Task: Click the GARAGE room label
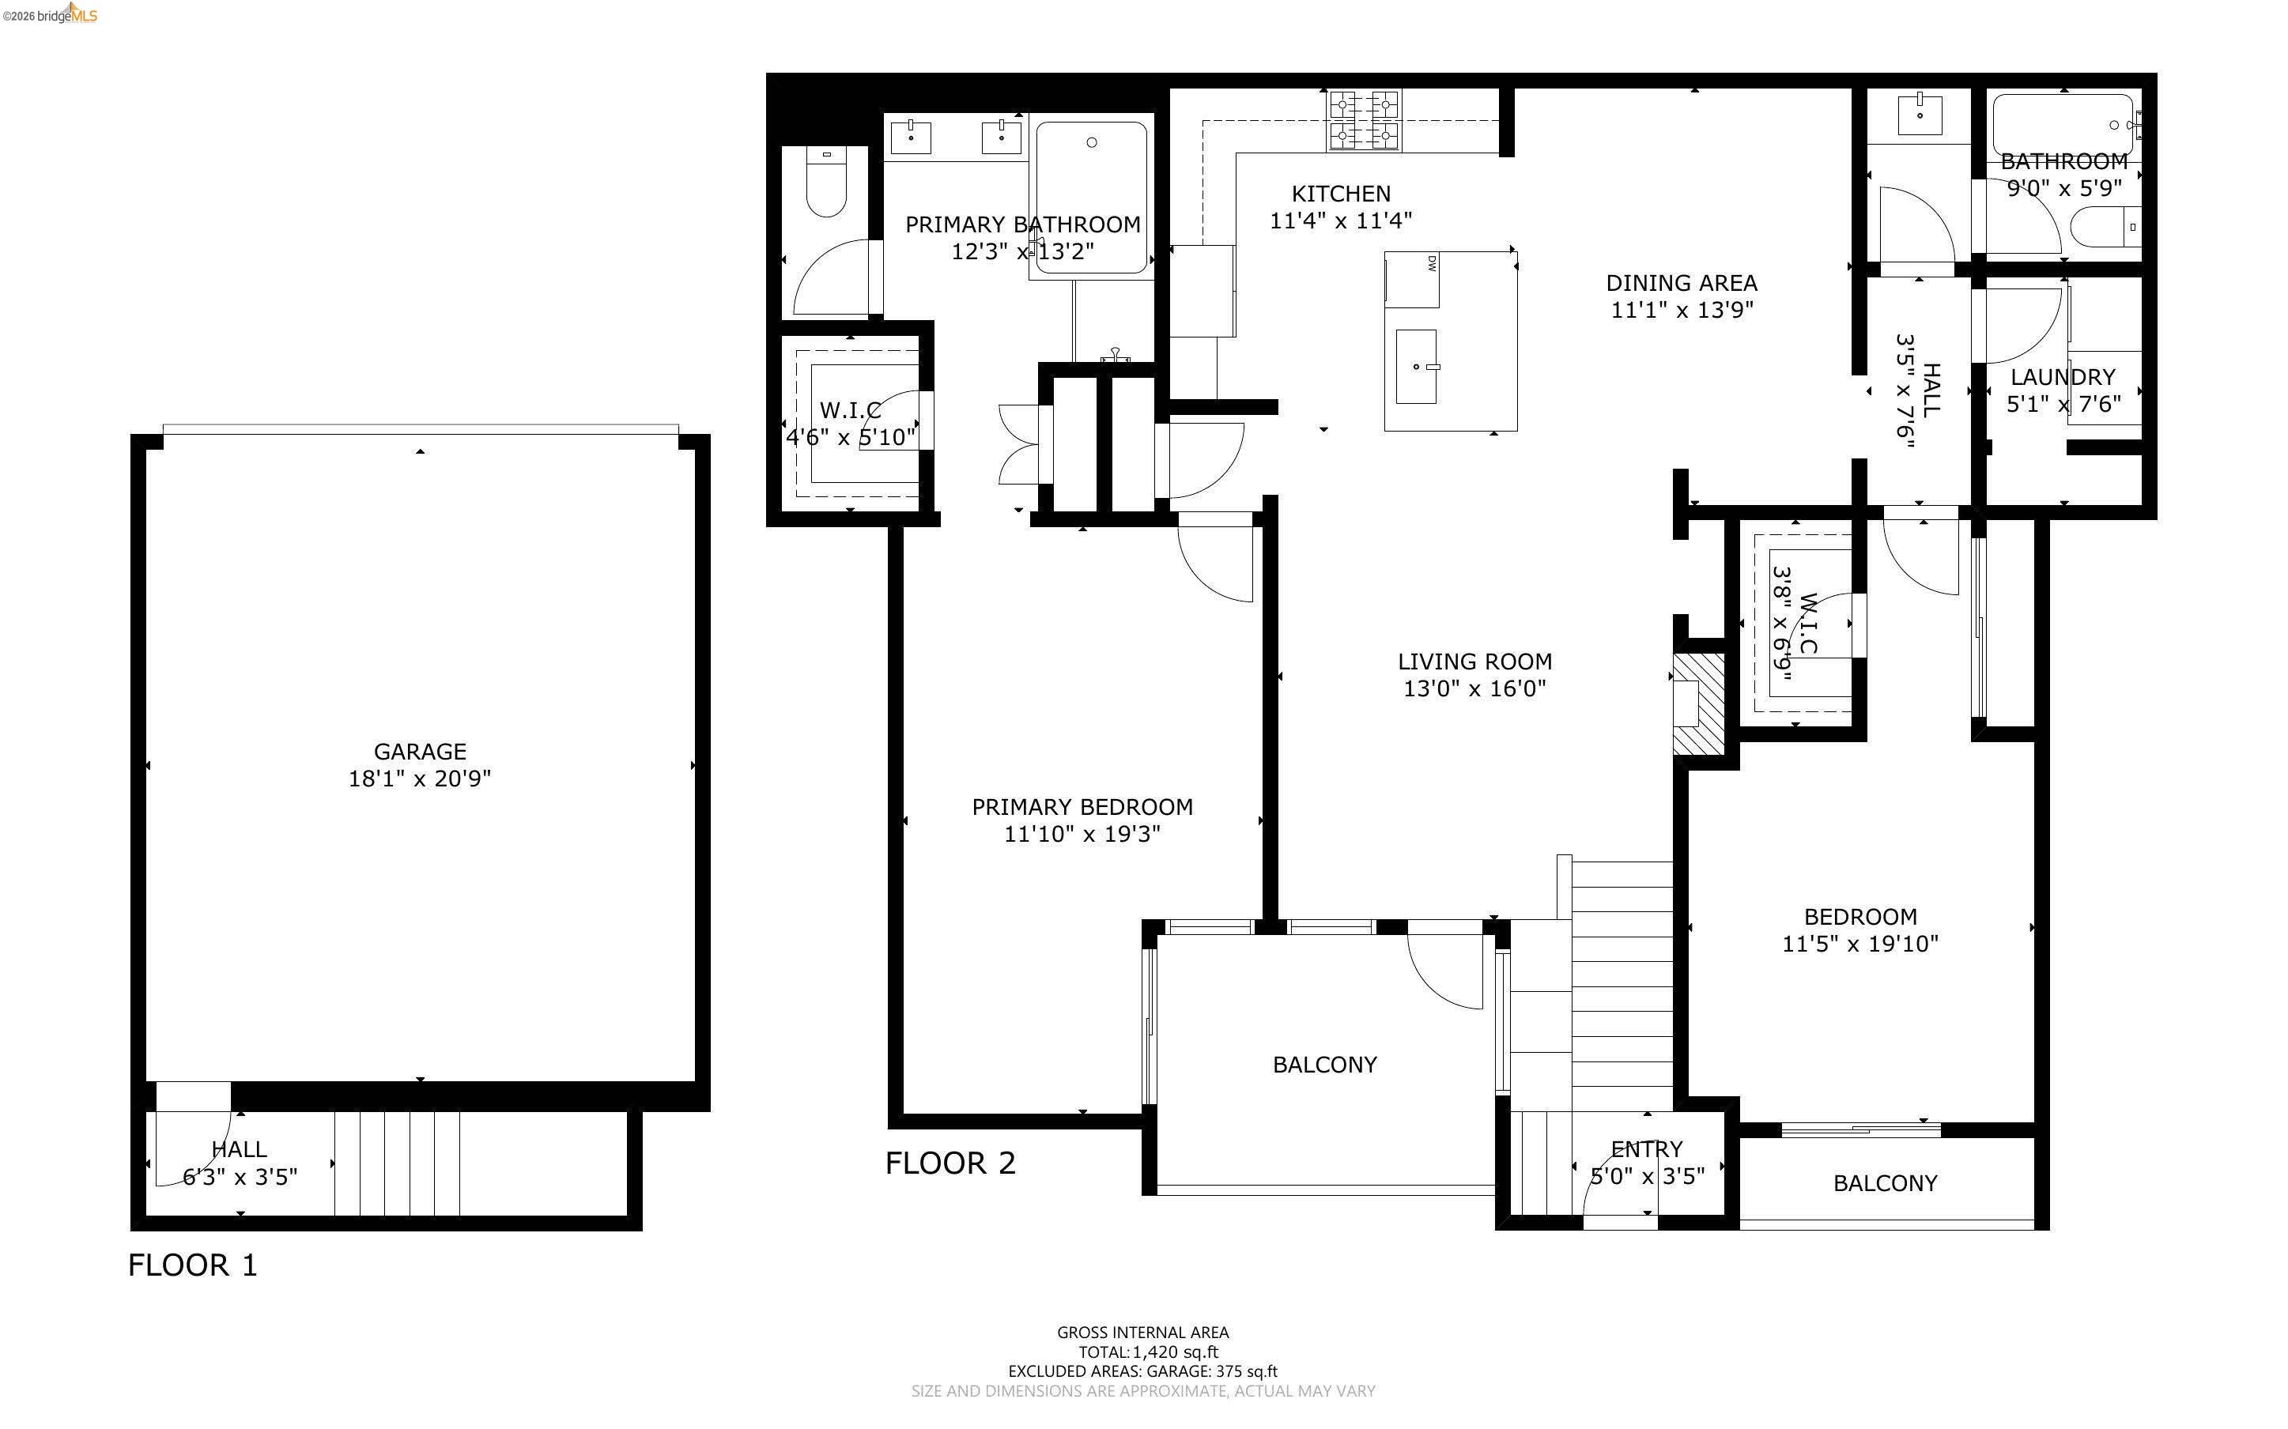(420, 752)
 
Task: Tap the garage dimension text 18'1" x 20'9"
(420, 779)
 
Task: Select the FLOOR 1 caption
(192, 1265)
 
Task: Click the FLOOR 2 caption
(950, 1163)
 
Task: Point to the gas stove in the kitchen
(1364, 120)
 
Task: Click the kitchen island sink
(1416, 366)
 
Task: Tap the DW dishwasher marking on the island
(1432, 264)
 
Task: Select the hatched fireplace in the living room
(1698, 703)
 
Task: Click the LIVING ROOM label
(1474, 662)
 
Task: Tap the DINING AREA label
(1682, 283)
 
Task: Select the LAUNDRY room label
(2062, 377)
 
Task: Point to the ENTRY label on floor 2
(1646, 1149)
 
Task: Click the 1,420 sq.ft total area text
(1175, 1352)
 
